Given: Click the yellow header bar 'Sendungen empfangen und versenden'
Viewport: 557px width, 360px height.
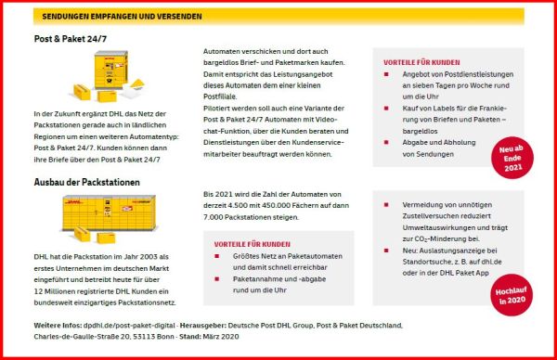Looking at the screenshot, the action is [x=278, y=16].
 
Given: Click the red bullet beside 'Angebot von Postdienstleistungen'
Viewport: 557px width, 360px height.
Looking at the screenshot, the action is [x=386, y=74].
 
